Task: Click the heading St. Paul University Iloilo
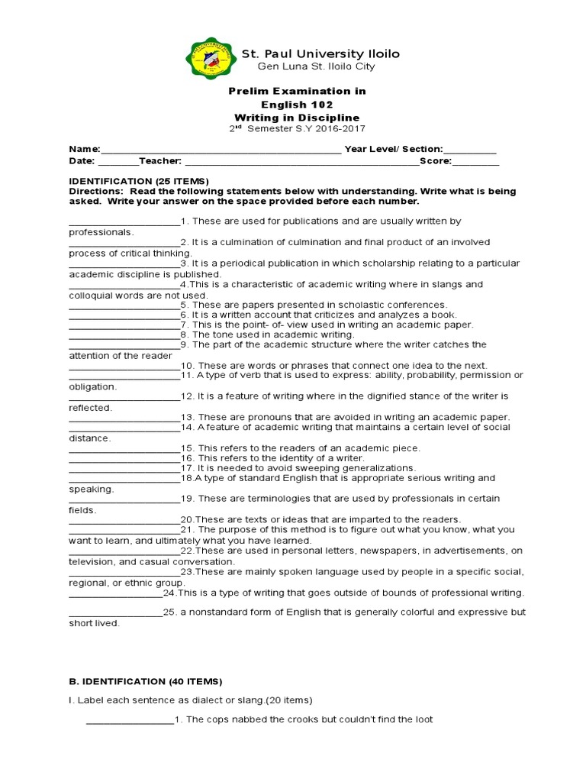(320, 54)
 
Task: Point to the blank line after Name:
(221, 150)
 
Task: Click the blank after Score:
(476, 162)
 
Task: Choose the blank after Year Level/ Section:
(469, 150)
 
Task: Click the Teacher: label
(159, 161)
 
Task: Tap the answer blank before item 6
(124, 315)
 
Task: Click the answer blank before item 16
(124, 457)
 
